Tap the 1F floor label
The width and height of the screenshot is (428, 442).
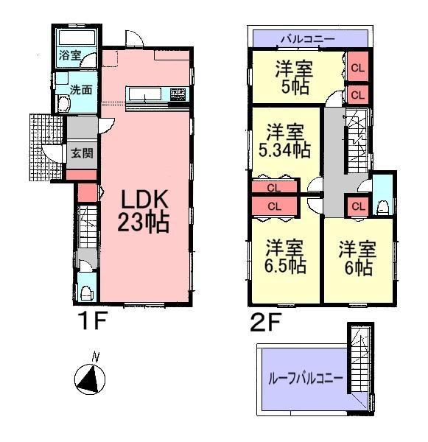(x=94, y=322)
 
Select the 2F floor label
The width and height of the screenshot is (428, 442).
(x=262, y=322)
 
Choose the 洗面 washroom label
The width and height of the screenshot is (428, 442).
(x=80, y=90)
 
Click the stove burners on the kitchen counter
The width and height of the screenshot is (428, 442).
(x=179, y=94)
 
